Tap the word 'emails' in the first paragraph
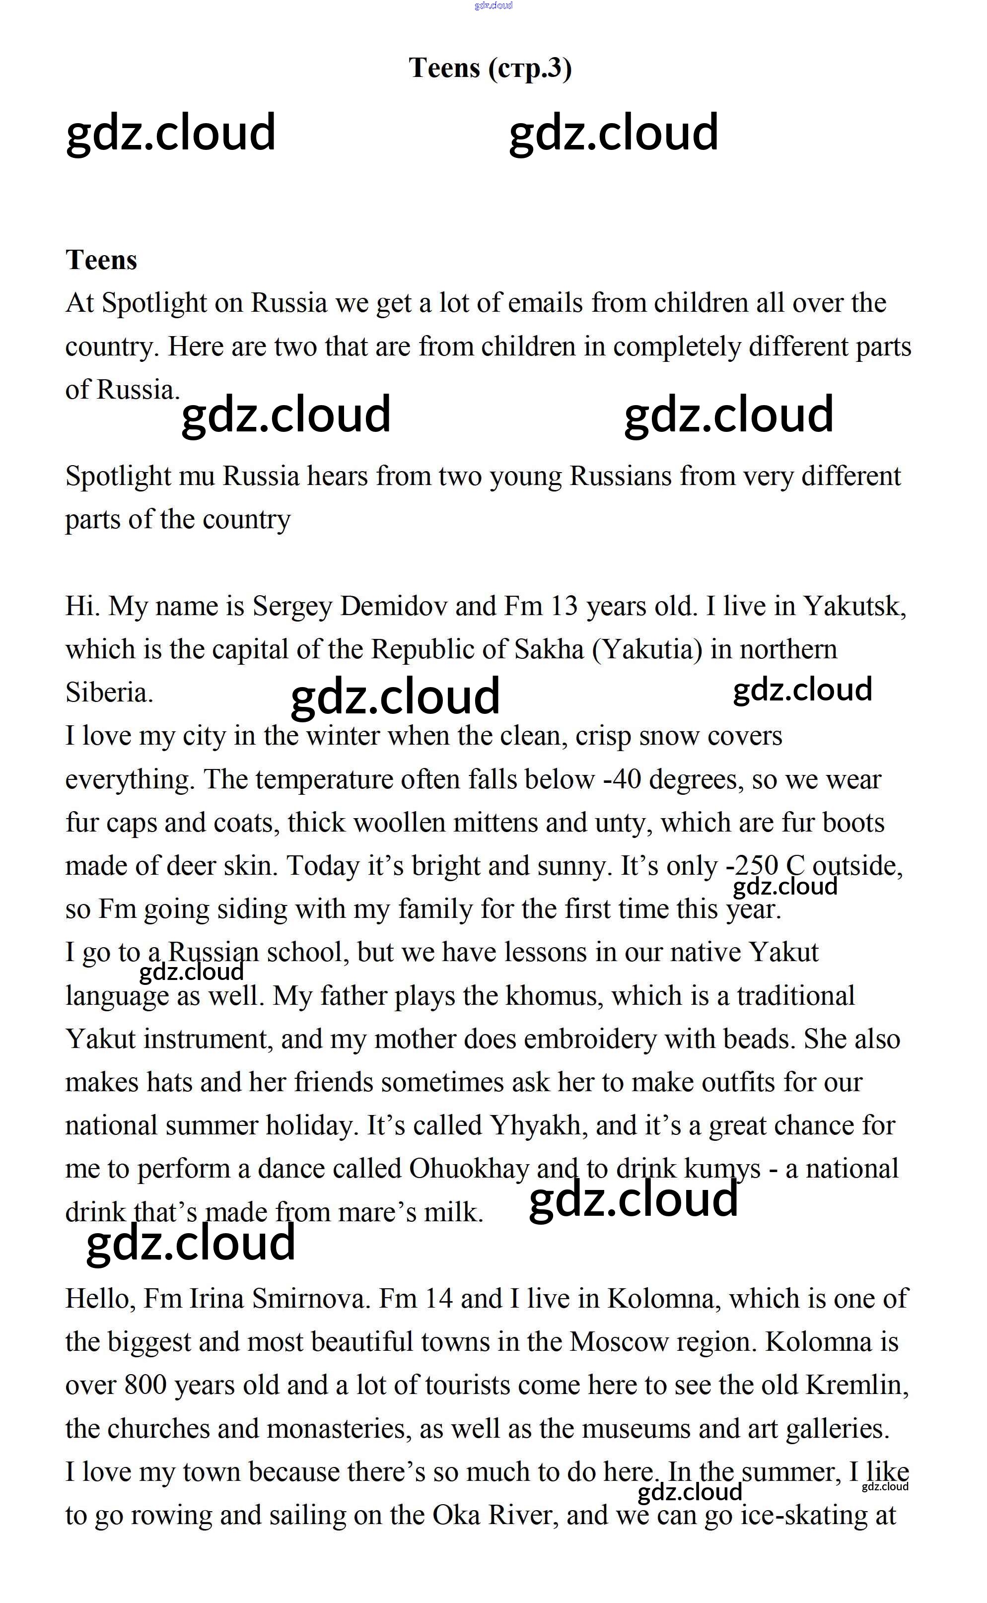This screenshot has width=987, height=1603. pyautogui.click(x=545, y=303)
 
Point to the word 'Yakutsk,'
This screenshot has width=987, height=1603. pyautogui.click(x=854, y=606)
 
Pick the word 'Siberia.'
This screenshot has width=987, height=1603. pyautogui.click(x=109, y=693)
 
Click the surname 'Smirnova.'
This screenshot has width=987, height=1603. pyautogui.click(x=311, y=1299)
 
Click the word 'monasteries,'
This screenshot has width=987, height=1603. pyautogui.click(x=340, y=1429)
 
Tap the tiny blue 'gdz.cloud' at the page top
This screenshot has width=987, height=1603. pyautogui.click(x=493, y=5)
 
